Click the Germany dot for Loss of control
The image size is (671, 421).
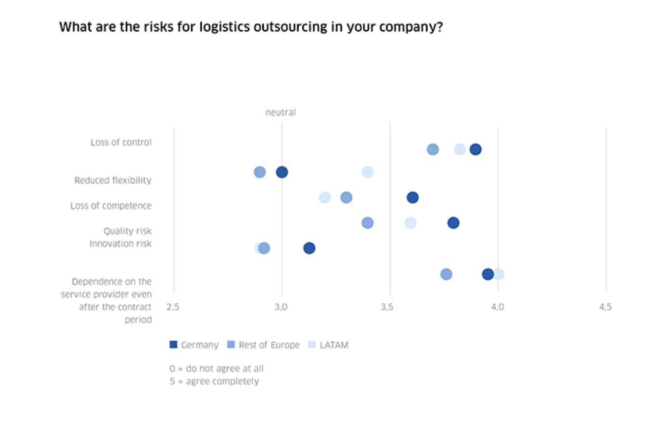click(475, 149)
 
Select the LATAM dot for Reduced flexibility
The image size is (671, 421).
click(367, 172)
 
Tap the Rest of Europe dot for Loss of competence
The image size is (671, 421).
click(346, 198)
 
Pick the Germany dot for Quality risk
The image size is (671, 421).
click(453, 223)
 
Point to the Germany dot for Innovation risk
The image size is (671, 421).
click(309, 248)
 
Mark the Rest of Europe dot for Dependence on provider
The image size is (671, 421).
click(446, 274)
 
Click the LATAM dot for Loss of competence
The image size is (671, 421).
click(325, 198)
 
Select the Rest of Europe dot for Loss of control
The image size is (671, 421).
click(433, 149)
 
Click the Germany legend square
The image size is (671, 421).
click(173, 345)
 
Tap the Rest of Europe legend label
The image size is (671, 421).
click(269, 345)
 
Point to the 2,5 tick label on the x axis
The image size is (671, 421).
click(173, 307)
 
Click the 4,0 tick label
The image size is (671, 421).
click(497, 307)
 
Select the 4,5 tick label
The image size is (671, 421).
click(605, 307)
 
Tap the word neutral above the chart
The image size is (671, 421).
click(281, 112)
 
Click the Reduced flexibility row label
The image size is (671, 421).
click(113, 180)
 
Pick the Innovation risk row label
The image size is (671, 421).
click(120, 244)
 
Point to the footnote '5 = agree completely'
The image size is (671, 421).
click(214, 381)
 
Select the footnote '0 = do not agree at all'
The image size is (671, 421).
click(216, 369)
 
